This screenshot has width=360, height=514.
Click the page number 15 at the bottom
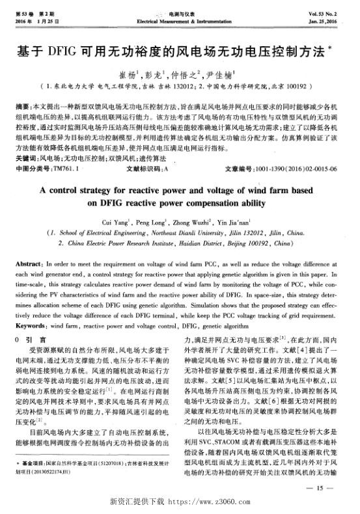tap(324, 487)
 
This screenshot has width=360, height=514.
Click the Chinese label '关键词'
tap(25, 158)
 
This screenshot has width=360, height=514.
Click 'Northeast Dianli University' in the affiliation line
tap(189, 232)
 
